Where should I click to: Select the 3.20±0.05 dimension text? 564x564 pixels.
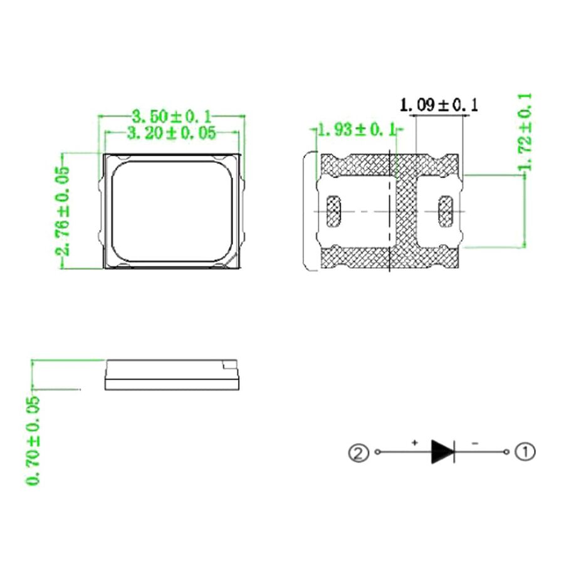point(171,133)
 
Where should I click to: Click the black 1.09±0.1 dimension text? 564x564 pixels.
point(439,105)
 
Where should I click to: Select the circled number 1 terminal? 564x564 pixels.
point(525,451)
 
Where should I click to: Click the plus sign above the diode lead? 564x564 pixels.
point(414,442)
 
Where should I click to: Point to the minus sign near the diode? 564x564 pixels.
point(474,442)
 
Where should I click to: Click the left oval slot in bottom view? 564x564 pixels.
point(334,212)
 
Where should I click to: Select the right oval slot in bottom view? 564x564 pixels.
point(446,212)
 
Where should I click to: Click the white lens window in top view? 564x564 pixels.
point(171,212)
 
